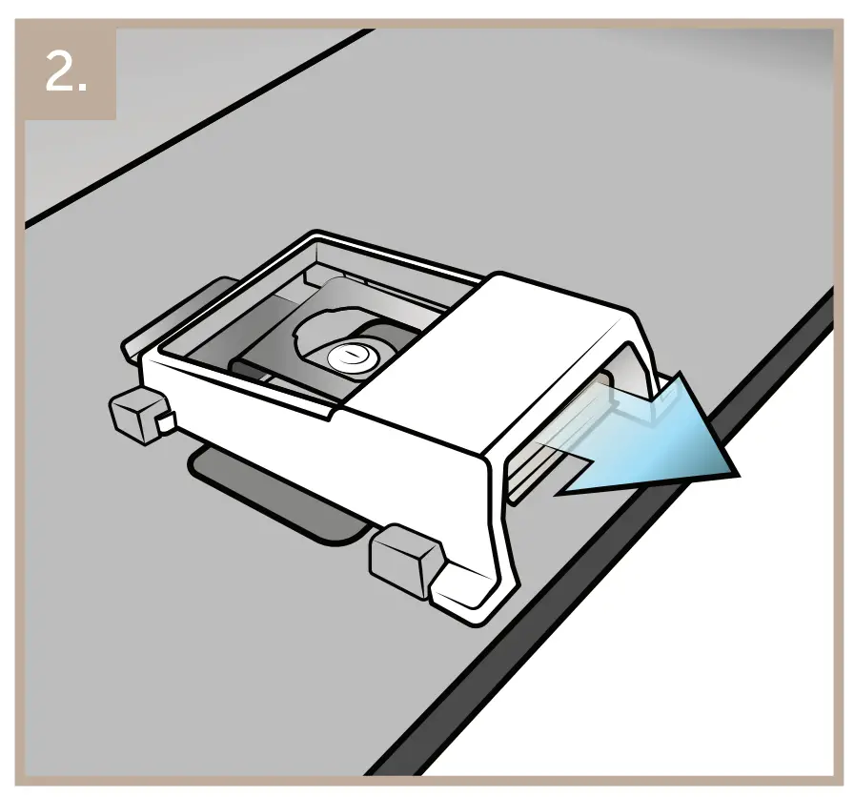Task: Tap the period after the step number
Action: point(84,88)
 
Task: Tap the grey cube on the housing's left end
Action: point(133,416)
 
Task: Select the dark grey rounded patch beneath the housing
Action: point(276,496)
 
